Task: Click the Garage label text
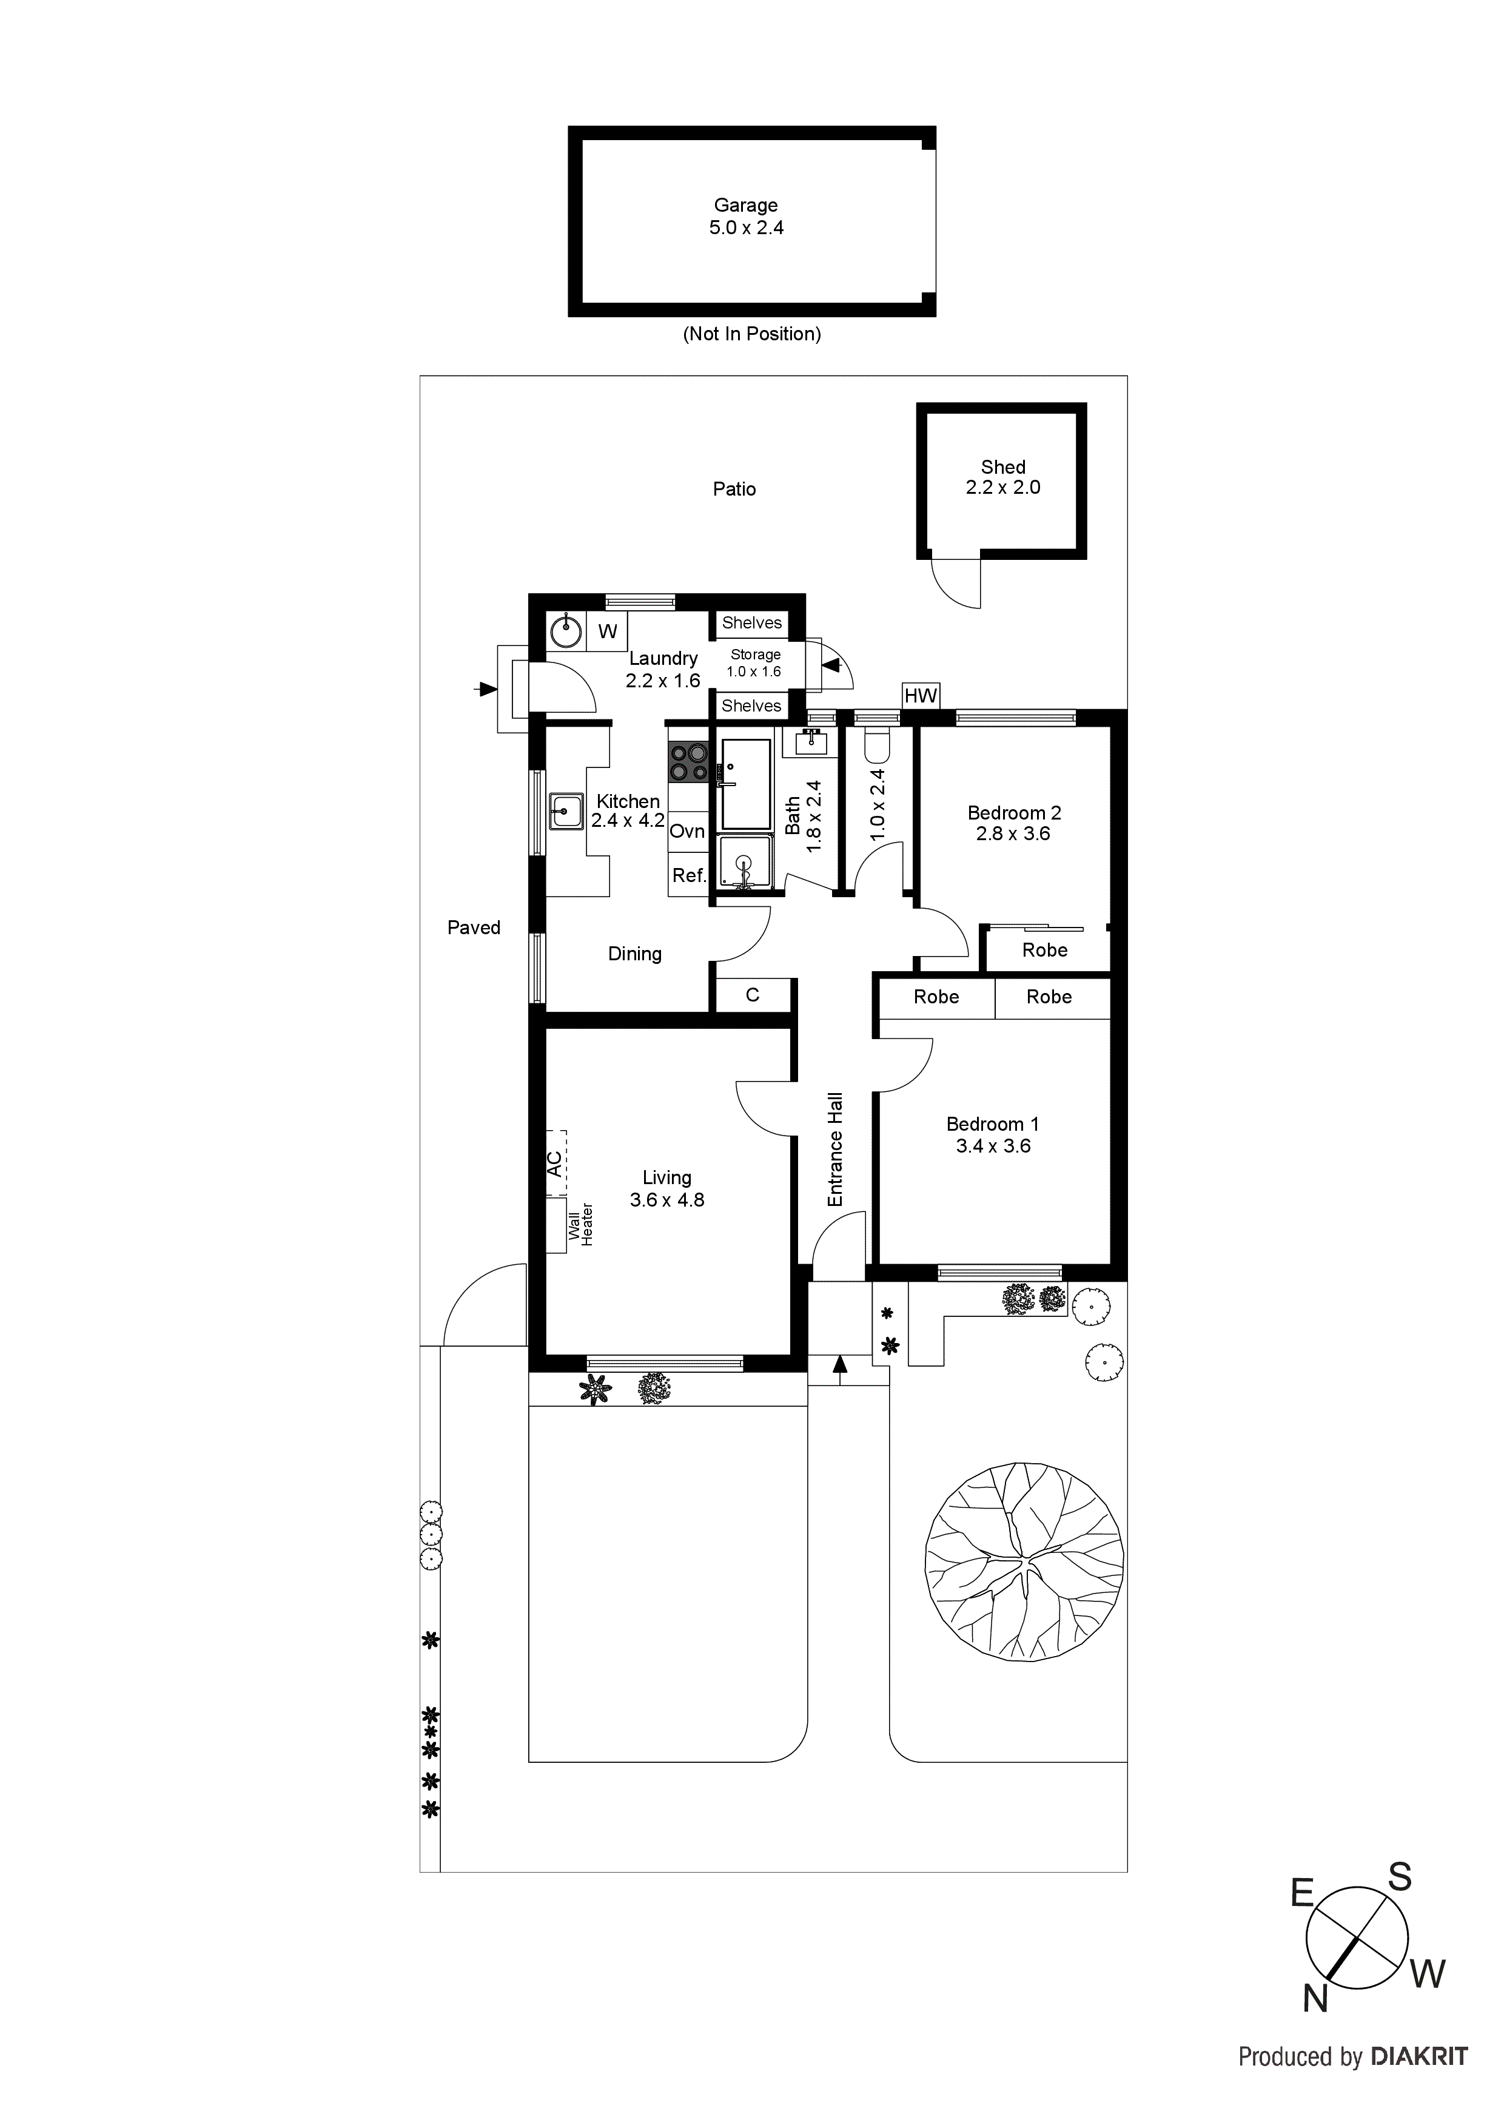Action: (x=745, y=206)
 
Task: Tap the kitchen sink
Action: (x=565, y=811)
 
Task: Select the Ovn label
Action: (x=688, y=832)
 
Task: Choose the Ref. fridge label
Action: (x=688, y=875)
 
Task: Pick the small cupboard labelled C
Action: (x=753, y=994)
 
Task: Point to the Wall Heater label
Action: (x=581, y=1224)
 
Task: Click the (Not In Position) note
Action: (x=751, y=334)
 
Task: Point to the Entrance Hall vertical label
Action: (x=835, y=1150)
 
